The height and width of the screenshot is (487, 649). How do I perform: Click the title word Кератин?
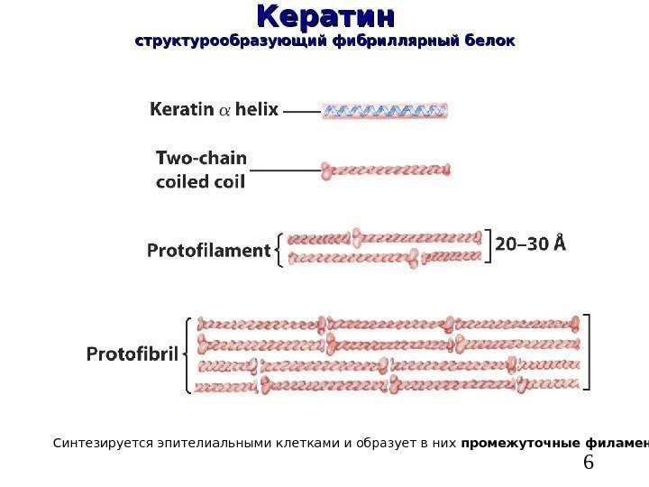[x=325, y=17]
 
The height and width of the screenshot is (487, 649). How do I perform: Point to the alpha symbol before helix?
[x=226, y=112]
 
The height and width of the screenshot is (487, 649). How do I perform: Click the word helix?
[x=259, y=111]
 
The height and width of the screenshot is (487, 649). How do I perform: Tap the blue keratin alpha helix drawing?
[x=385, y=112]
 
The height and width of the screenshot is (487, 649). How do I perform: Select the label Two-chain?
[x=201, y=157]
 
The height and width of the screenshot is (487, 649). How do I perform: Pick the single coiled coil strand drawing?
[x=385, y=169]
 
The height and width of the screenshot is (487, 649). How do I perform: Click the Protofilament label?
[x=208, y=251]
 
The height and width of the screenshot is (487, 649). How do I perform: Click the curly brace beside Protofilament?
[x=279, y=250]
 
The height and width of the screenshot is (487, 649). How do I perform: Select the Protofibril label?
[x=132, y=354]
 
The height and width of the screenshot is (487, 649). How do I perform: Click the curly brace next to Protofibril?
[x=187, y=354]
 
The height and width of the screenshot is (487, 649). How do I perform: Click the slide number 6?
[x=590, y=463]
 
